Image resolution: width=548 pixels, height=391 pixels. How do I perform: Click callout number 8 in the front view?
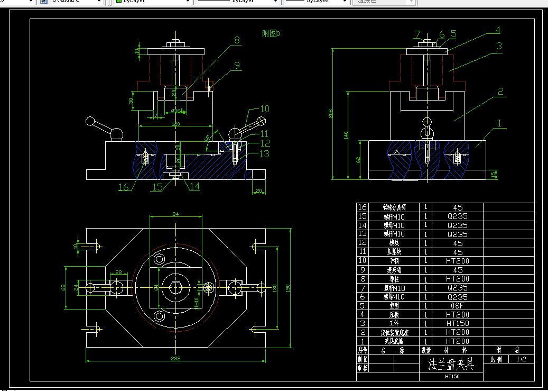point(237,40)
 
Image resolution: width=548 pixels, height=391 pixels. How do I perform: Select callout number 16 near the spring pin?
point(123,187)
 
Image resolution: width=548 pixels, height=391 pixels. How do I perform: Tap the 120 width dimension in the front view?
point(176,124)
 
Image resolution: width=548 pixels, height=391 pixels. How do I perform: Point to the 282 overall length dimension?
point(176,358)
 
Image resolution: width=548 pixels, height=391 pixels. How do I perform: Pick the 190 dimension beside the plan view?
point(288,288)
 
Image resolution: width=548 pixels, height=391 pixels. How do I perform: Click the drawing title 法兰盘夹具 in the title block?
point(451,365)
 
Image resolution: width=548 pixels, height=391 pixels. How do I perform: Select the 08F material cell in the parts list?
point(458,305)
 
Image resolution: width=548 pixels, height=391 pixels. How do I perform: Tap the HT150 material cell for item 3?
point(458,323)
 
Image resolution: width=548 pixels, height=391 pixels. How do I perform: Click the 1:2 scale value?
point(521,359)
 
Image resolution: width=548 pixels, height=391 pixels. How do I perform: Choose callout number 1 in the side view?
point(500,123)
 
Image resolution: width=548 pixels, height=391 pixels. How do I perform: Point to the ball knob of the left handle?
point(90,122)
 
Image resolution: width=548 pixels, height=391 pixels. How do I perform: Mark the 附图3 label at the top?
point(271,33)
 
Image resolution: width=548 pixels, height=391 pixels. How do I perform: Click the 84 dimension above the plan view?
point(175,214)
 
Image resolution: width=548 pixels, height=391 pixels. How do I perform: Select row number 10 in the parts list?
point(363,261)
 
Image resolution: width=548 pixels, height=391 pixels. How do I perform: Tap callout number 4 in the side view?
point(497,30)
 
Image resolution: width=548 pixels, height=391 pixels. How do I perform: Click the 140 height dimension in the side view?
point(346,135)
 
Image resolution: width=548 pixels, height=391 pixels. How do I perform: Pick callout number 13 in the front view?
point(264,153)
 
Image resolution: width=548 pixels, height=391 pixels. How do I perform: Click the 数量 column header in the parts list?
point(425,350)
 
